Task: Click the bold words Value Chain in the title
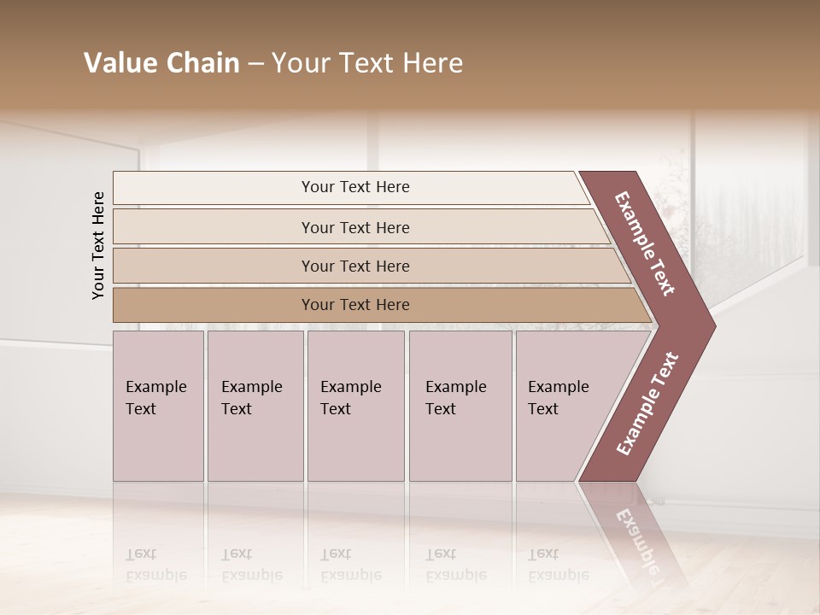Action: click(161, 63)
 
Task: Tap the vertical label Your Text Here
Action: click(98, 245)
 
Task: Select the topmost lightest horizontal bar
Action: click(214, 188)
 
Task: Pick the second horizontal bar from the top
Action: click(214, 227)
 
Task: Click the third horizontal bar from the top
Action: click(214, 266)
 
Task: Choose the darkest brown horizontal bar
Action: click(214, 305)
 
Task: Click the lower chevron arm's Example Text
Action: click(647, 404)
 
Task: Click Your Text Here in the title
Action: click(367, 63)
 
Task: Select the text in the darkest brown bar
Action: click(355, 305)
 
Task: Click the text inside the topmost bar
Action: click(355, 187)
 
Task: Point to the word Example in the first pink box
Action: click(155, 387)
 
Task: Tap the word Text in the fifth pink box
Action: click(543, 409)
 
